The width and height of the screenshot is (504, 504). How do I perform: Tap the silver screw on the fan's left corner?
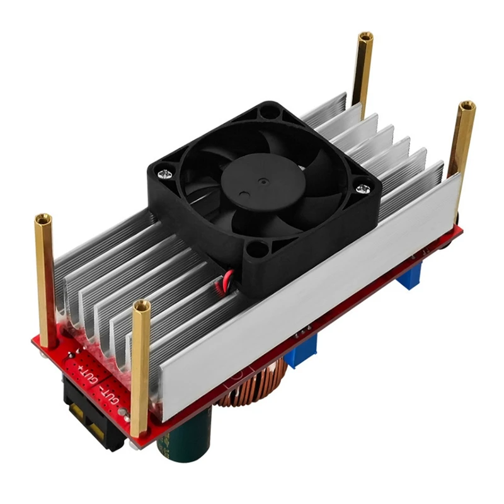tap(166, 168)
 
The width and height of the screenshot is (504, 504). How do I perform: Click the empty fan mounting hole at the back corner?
tap(268, 112)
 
